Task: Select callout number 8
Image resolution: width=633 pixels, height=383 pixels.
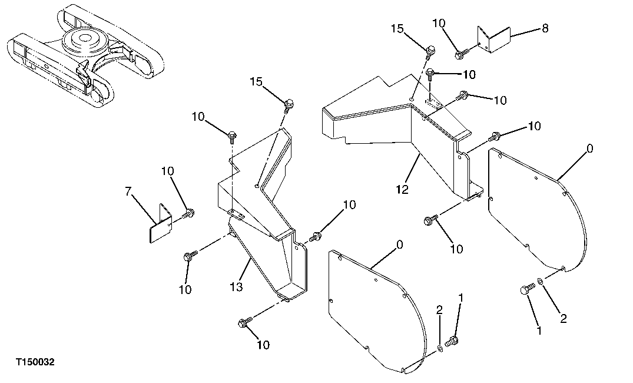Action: click(545, 28)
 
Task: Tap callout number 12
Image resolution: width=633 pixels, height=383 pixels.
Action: click(403, 190)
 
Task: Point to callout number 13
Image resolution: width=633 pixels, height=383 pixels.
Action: click(236, 287)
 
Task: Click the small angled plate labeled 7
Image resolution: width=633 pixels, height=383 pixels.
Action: click(158, 223)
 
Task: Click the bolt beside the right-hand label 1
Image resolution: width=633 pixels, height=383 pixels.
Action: click(525, 289)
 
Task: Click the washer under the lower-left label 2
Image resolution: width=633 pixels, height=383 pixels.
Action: click(440, 348)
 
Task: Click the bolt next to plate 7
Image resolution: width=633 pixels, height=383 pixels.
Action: click(188, 213)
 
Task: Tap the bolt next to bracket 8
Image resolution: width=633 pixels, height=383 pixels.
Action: click(460, 55)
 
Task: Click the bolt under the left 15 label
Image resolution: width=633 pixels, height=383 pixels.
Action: click(289, 106)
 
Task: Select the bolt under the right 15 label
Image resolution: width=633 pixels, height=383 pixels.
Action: click(430, 50)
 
